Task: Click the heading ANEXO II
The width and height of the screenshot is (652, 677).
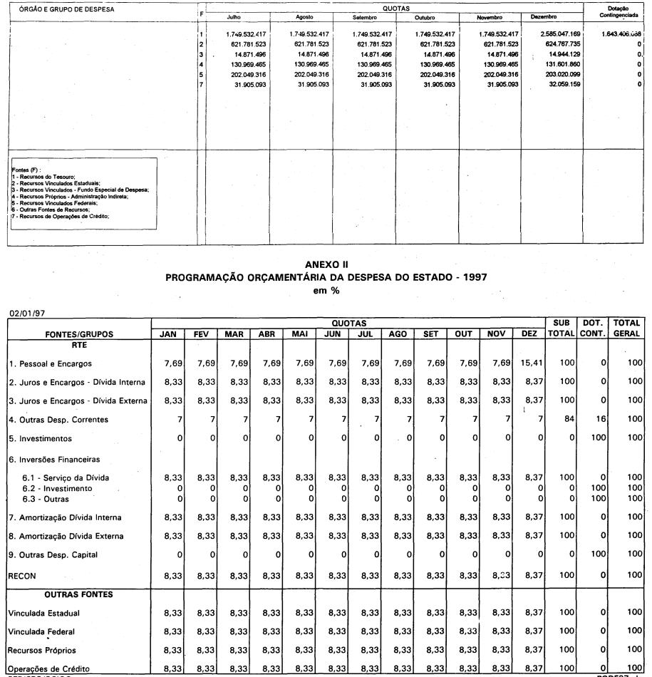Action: click(x=326, y=265)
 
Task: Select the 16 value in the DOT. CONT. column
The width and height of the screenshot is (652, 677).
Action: click(x=600, y=419)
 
